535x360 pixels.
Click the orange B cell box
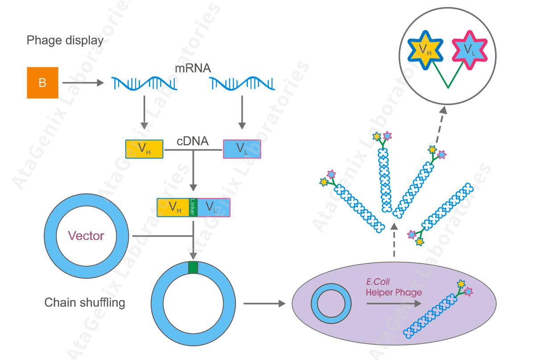tap(42, 83)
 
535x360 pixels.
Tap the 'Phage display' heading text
tap(65, 40)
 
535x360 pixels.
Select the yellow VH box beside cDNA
tap(144, 149)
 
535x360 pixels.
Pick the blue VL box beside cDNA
tap(242, 149)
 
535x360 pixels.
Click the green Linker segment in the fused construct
tap(193, 207)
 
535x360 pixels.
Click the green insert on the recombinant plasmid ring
tap(193, 268)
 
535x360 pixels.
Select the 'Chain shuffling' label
tap(85, 303)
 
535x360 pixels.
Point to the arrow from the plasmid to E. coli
tap(264, 304)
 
